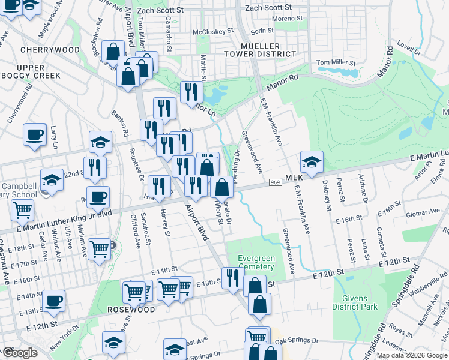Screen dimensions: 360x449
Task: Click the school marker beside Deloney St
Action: [312, 160]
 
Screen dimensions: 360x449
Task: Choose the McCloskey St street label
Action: [212, 32]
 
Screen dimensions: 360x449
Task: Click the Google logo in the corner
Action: [20, 353]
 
